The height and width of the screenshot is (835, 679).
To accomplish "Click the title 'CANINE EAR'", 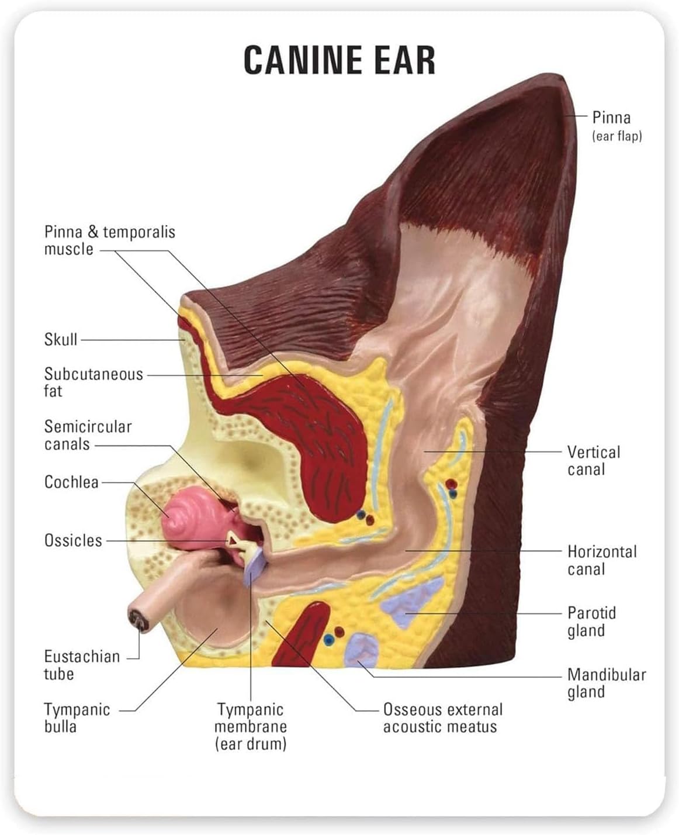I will pos(339,60).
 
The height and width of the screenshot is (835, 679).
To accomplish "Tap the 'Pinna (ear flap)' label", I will pos(616,126).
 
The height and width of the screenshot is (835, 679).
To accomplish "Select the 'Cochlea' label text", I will pos(71,482).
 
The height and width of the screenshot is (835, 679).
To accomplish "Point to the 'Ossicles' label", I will pos(73,540).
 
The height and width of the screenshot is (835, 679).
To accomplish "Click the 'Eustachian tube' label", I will pos(82,665).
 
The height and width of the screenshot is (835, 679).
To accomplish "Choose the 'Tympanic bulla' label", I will pos(77,718).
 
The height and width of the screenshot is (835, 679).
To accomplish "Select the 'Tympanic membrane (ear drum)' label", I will pos(251,727).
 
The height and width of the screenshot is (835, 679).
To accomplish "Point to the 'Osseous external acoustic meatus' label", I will pos(442,718).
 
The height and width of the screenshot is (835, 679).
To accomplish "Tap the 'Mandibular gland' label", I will pos(606,683).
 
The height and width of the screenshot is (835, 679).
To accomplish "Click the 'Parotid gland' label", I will pos(591,622).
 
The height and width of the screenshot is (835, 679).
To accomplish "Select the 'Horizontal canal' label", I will pos(602,560).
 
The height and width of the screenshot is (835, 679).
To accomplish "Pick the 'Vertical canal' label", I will pos(593,461).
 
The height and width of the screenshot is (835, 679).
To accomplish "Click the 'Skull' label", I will pos(61,339).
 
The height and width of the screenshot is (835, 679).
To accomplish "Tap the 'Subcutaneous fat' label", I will pos(93,382).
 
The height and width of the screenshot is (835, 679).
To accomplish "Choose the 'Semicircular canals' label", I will pos(88,435).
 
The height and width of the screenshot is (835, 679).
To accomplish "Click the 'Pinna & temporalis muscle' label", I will pos(109,240).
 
